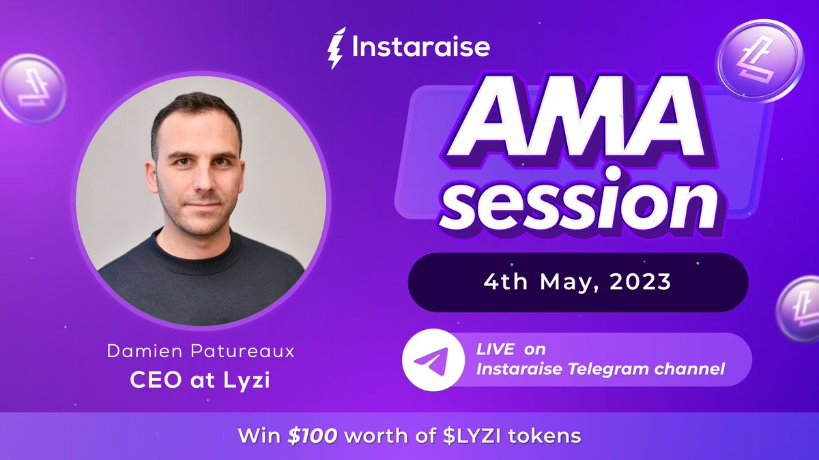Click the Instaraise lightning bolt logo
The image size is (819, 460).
pyautogui.click(x=336, y=48)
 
